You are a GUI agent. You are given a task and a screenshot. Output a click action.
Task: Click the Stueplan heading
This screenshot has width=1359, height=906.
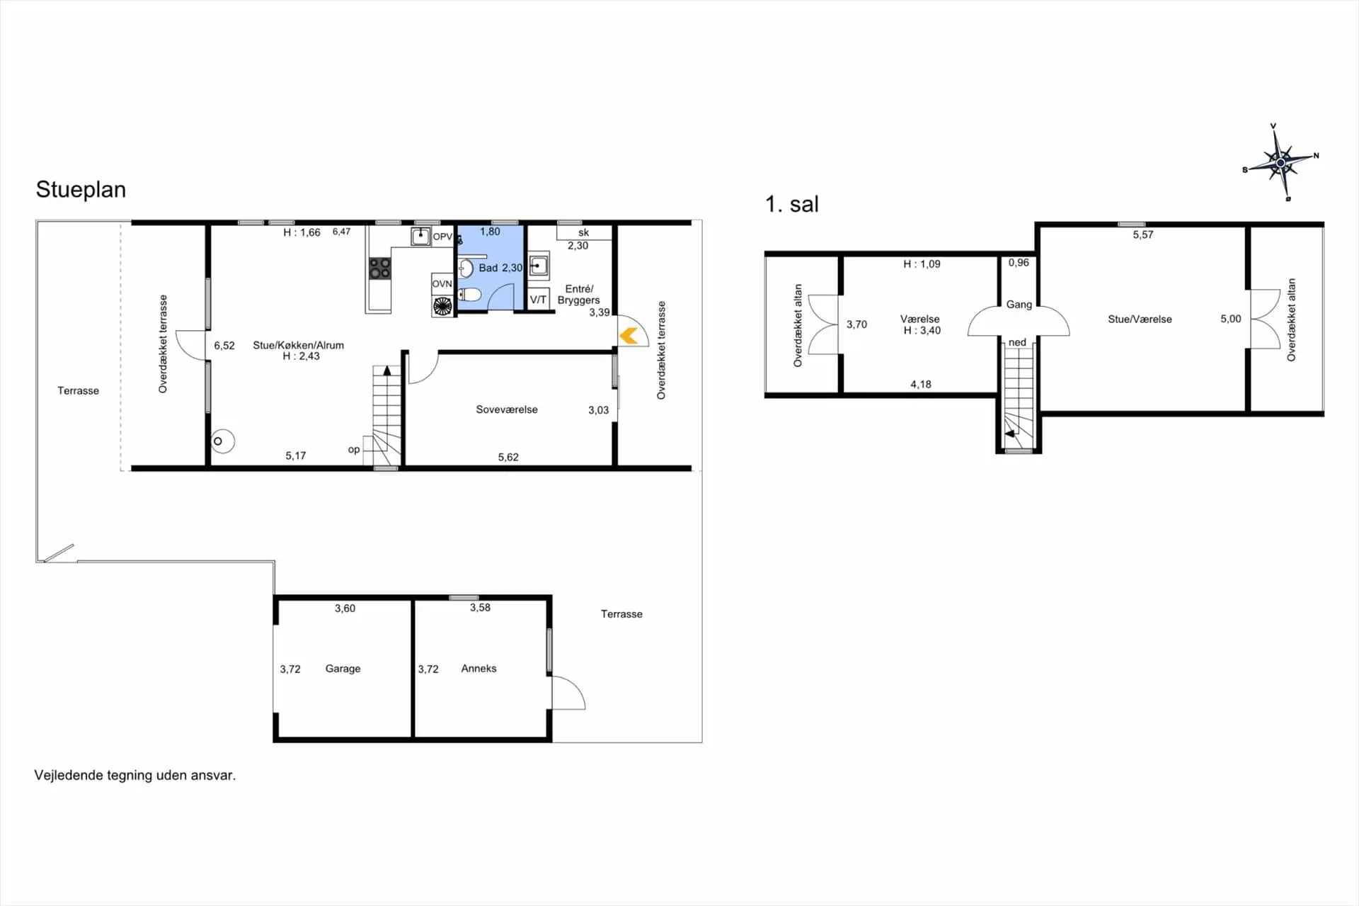coord(81,190)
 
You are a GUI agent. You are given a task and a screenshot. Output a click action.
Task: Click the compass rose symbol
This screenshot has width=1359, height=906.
coord(1280,163)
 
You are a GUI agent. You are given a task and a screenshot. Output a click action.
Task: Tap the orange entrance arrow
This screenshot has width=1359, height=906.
coord(629,335)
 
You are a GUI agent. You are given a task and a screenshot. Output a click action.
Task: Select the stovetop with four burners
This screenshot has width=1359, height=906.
coord(380,268)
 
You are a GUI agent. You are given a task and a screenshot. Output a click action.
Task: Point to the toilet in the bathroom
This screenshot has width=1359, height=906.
coord(469,295)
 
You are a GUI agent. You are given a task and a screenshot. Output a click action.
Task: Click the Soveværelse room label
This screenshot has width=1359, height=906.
coord(507,409)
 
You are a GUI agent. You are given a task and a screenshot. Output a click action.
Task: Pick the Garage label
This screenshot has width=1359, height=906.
coord(343,669)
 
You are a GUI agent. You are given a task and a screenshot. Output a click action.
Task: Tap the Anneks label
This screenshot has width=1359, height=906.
coord(478,669)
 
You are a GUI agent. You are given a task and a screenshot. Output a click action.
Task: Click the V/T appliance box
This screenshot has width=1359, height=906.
coord(539,300)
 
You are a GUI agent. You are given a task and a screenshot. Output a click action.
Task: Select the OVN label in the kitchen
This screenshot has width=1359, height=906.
coord(442,283)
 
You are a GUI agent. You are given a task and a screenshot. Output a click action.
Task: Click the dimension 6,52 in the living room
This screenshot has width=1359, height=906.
coord(224,346)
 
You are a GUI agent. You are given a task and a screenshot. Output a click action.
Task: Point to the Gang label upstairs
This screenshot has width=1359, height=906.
coord(1019,305)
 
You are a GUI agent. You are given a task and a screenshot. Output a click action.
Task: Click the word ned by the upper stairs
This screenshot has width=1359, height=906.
coord(1017,342)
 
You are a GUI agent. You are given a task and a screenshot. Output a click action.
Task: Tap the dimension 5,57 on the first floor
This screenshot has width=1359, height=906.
coord(1143,235)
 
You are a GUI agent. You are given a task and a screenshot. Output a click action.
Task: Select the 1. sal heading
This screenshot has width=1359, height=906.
coord(791,205)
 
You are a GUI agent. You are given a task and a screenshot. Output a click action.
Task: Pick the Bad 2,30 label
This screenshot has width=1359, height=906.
coord(500,268)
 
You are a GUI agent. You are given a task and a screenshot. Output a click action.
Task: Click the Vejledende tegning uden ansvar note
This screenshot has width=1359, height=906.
coord(135,776)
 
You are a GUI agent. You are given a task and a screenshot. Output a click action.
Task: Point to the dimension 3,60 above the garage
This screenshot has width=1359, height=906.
coord(345,608)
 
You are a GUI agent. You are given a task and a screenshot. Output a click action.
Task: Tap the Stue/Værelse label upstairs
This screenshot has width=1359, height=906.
coord(1140,319)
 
